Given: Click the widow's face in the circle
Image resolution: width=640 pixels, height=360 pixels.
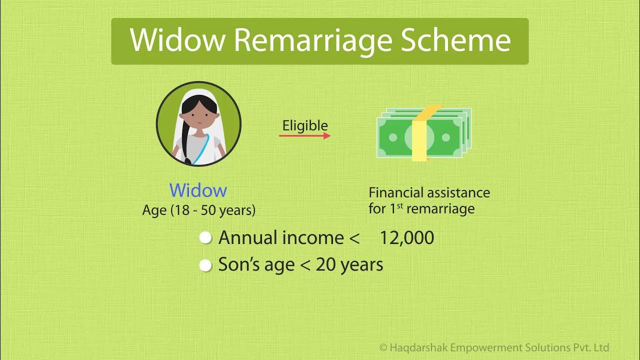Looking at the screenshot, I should [x=198, y=116].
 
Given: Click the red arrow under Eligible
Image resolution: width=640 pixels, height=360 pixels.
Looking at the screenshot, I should [x=305, y=135].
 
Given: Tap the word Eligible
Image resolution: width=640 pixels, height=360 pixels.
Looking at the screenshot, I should [x=305, y=125].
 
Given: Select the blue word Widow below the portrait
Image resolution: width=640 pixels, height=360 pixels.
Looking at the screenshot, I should [x=198, y=190].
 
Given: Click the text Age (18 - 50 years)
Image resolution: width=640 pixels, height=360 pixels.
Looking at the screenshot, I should [x=199, y=210].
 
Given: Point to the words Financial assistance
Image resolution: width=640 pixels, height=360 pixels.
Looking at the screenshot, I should [x=429, y=192].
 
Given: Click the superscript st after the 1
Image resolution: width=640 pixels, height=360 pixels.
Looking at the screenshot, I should [x=400, y=205].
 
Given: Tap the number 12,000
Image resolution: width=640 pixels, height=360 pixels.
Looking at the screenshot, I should [x=406, y=238].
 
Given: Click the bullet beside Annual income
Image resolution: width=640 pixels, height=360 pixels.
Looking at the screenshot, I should [x=205, y=238].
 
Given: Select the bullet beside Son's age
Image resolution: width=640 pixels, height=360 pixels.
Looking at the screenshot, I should [x=205, y=265].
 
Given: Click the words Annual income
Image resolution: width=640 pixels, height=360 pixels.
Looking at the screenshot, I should [x=281, y=238].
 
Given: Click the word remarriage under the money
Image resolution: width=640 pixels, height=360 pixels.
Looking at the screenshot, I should [x=440, y=208].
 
